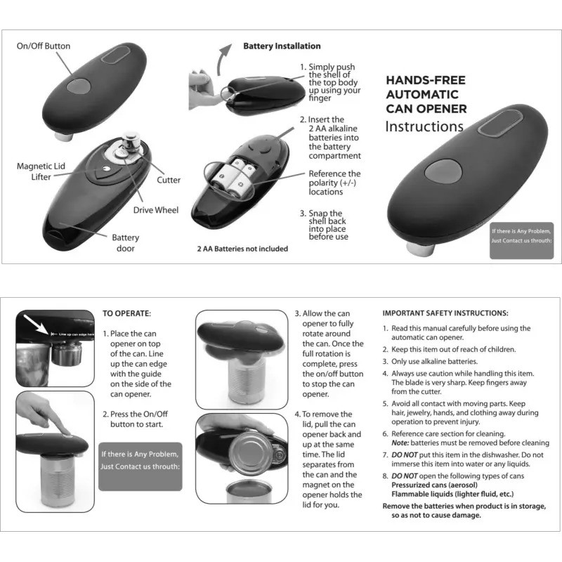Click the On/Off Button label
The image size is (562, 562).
44,46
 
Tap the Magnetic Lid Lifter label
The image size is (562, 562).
41,171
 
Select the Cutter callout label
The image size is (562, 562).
169,180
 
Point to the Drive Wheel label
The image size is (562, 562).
156,209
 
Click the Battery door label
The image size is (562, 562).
126,243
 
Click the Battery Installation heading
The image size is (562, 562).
282,46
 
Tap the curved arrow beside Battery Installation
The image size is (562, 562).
225,57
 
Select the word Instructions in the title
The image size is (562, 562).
424,127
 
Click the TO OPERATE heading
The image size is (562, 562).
126,313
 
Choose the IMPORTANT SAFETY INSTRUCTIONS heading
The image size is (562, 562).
445,313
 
